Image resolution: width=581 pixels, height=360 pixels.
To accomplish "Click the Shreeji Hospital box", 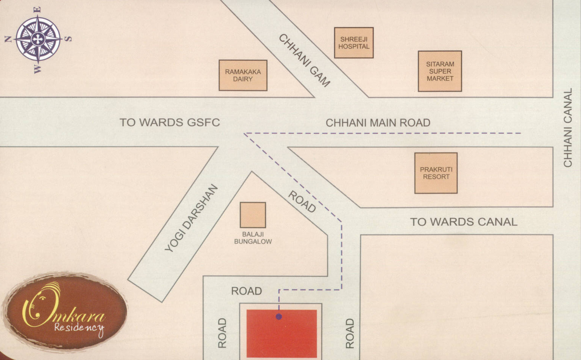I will (354, 43).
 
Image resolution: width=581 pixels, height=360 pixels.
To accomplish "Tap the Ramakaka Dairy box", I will (243, 75).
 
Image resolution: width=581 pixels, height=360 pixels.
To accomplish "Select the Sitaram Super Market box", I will (440, 71).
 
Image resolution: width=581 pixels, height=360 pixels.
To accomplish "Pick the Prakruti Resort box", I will (436, 173).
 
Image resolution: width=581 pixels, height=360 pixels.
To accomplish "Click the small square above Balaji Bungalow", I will (253, 215).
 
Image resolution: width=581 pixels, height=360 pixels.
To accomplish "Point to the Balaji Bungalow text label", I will (253, 238).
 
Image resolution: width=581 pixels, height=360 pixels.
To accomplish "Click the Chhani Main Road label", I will (378, 123).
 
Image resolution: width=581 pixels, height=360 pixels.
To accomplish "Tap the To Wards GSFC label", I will (170, 123).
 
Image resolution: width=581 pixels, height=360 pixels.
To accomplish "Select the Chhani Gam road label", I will (305, 60).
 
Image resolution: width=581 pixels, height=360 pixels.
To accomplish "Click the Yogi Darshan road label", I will (191, 218).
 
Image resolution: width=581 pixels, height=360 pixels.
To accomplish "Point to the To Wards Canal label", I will (464, 222).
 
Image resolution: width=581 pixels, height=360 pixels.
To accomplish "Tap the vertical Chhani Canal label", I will (568, 128).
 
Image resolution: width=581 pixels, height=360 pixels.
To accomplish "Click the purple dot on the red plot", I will (279, 317).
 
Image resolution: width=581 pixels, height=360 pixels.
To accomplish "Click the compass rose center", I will (38, 39).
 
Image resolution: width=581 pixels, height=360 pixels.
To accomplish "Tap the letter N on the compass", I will (8, 39).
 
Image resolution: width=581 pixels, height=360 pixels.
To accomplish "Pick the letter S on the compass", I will (68, 38).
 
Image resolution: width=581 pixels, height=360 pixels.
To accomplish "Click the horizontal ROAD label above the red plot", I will (247, 291).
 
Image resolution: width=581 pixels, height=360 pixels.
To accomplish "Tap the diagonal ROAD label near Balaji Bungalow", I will (302, 202).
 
